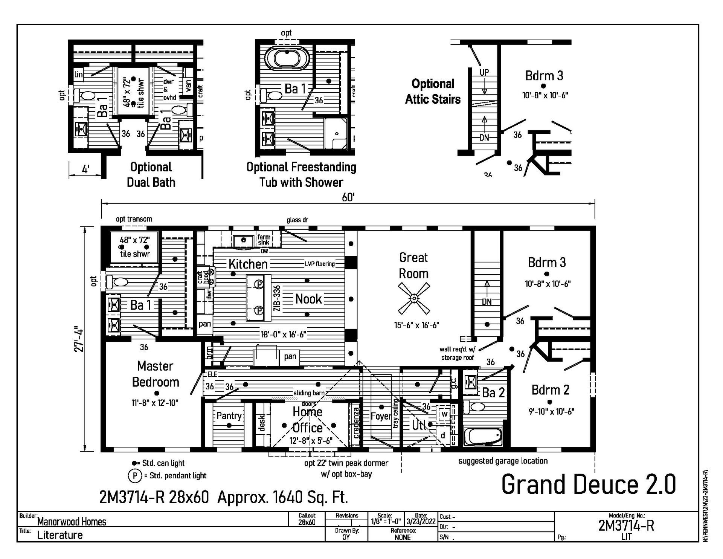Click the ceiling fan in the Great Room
coord(414,299)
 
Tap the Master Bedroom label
coord(155,374)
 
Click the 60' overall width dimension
coord(348,197)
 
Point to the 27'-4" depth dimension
coord(79,339)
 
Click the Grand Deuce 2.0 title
coord(589,484)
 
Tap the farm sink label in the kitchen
coord(264,240)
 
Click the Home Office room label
coord(308,420)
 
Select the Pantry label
coord(229,415)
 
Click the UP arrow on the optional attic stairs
coord(484,81)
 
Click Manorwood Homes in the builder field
coord(72,522)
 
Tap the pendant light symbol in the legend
coord(135,476)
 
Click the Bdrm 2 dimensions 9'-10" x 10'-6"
coord(551,412)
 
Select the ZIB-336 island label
coord(277,298)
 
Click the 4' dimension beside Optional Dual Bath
coord(85,170)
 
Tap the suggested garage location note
coord(503,461)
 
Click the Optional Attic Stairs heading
coord(433,92)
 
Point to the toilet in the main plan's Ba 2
coord(475,407)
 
